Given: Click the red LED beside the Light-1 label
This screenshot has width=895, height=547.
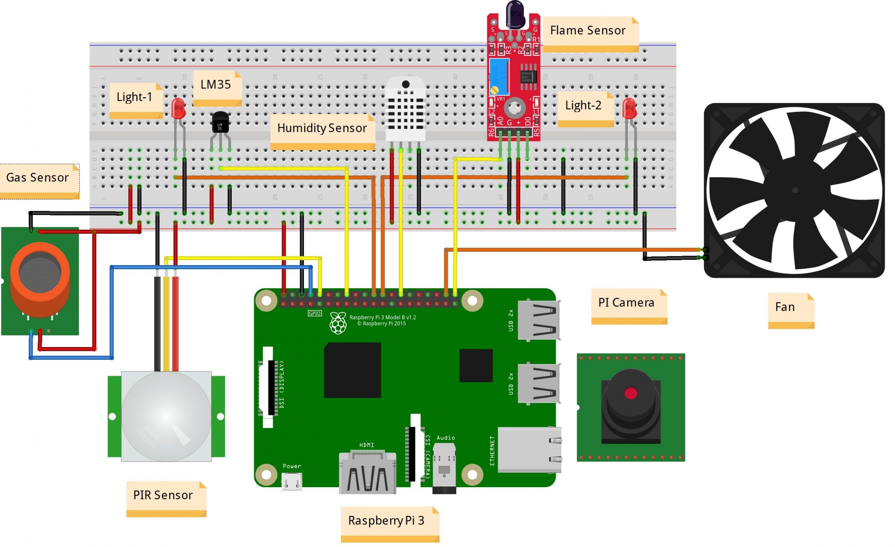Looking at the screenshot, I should [178, 108].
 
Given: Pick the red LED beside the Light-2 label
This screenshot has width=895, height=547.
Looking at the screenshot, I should [630, 108].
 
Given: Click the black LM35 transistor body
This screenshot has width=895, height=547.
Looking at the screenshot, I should [220, 123].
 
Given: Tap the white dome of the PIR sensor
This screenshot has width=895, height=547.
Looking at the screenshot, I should [166, 416].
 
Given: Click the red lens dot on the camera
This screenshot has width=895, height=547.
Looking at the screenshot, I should [631, 393].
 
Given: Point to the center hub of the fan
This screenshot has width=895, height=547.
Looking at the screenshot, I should [795, 190].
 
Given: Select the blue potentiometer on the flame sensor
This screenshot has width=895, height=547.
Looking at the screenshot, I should [498, 77].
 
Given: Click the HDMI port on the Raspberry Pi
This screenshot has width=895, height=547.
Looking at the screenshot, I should [367, 473].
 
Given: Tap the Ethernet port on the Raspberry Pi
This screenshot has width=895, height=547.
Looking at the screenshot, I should [529, 450].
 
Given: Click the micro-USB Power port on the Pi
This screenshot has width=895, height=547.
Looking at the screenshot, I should [292, 482].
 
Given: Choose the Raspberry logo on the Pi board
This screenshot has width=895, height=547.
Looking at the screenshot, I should [338, 323].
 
